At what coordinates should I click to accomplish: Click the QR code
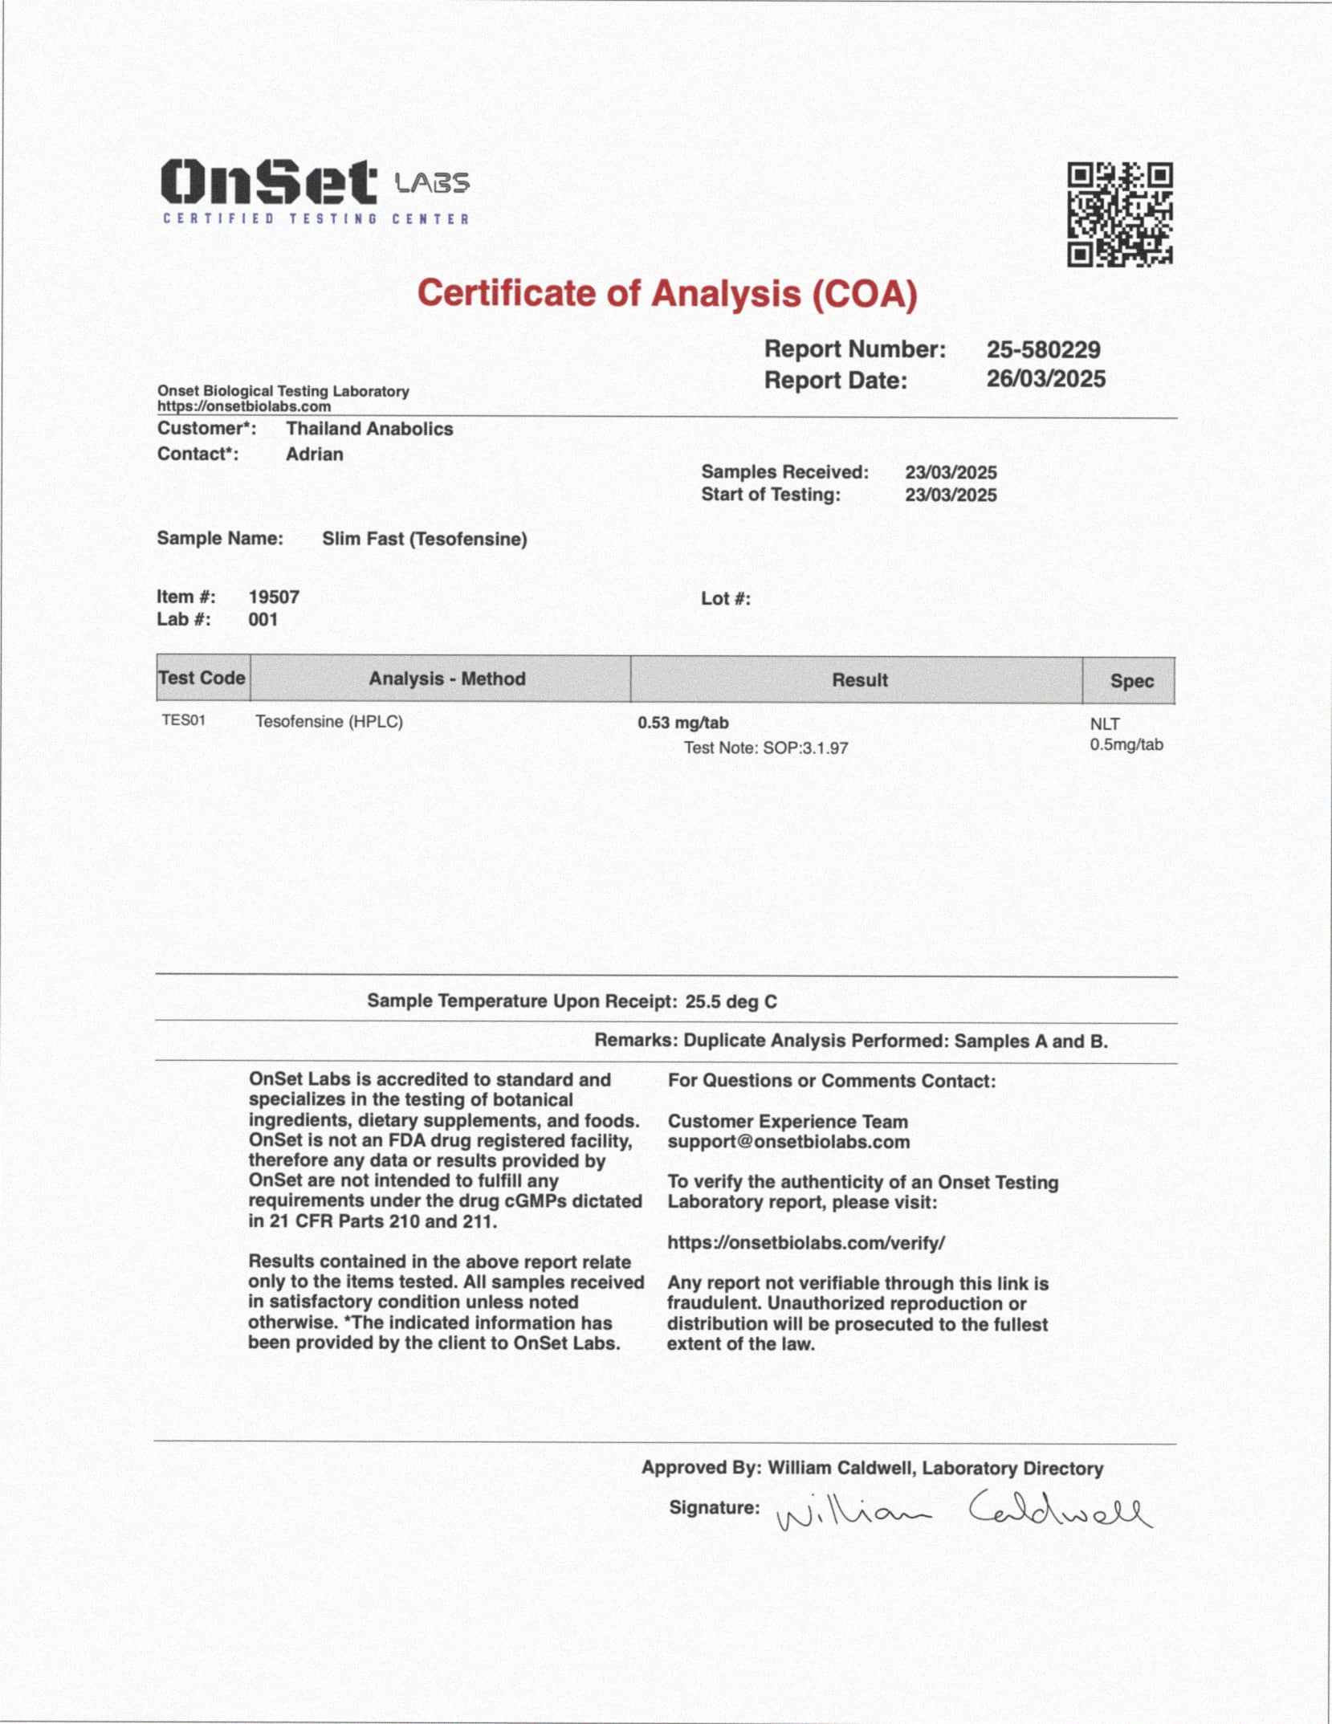pyautogui.click(x=1119, y=214)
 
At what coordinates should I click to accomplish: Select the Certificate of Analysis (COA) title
pyautogui.click(x=666, y=294)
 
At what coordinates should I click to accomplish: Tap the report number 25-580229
pyautogui.click(x=1043, y=349)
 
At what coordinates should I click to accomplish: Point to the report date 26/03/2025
pyautogui.click(x=1045, y=379)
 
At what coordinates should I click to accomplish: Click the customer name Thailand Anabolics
pyautogui.click(x=369, y=429)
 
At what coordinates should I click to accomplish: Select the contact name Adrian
pyautogui.click(x=314, y=454)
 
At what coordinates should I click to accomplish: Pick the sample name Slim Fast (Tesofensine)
pyautogui.click(x=424, y=539)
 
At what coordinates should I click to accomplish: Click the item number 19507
pyautogui.click(x=274, y=597)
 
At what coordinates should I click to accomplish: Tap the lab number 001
pyautogui.click(x=263, y=620)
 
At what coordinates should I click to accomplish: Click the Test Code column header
pyautogui.click(x=202, y=678)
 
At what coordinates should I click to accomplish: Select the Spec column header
pyautogui.click(x=1130, y=681)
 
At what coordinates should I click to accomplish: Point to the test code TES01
pyautogui.click(x=183, y=720)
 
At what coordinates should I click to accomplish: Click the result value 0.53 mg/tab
pyautogui.click(x=682, y=723)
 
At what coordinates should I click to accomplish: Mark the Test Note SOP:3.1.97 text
pyautogui.click(x=765, y=748)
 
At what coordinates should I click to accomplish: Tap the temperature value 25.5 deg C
pyautogui.click(x=731, y=1001)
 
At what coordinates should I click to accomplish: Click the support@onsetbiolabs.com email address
pyautogui.click(x=788, y=1142)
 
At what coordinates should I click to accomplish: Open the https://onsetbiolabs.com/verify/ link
pyautogui.click(x=805, y=1243)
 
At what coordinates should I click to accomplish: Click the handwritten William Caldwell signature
pyautogui.click(x=963, y=1513)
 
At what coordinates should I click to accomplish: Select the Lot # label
pyautogui.click(x=725, y=599)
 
